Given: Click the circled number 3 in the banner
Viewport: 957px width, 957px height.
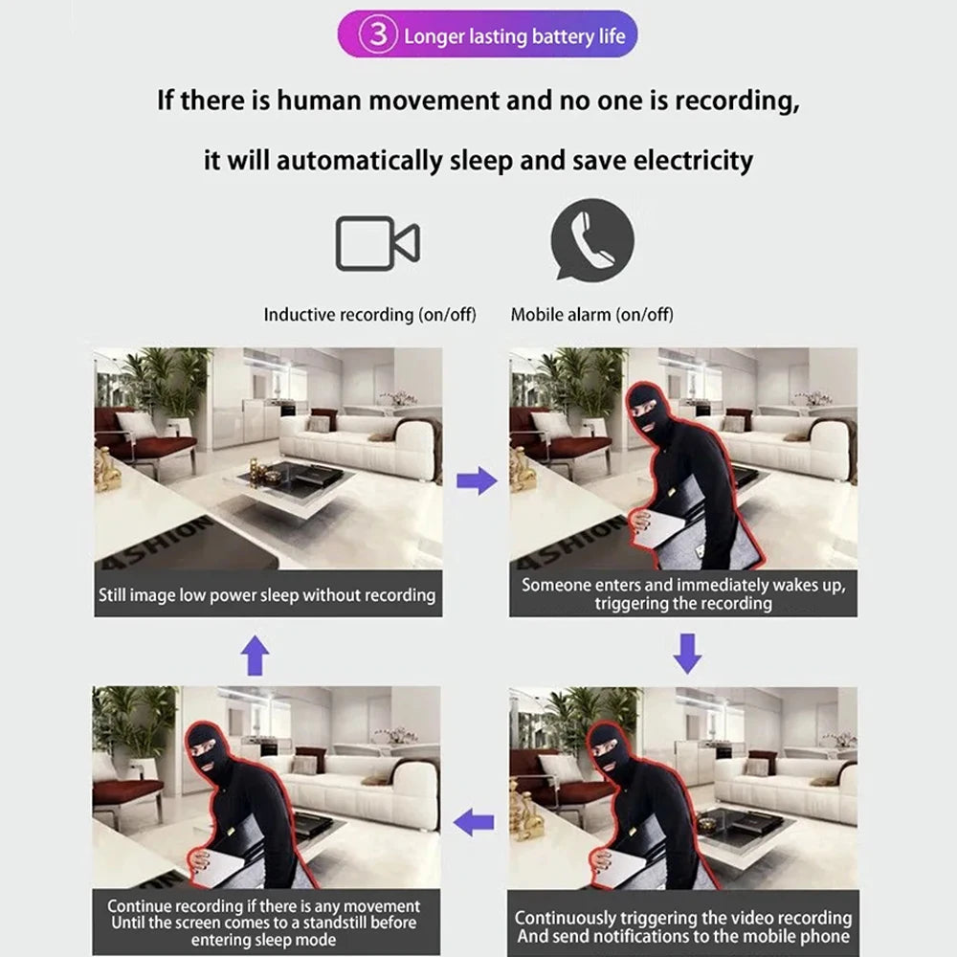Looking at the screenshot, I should tap(378, 36).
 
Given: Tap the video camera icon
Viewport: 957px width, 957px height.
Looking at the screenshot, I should tap(376, 243).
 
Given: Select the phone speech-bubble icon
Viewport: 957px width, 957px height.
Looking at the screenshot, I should tap(592, 238).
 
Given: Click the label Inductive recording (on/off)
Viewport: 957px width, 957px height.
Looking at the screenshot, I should tap(369, 314).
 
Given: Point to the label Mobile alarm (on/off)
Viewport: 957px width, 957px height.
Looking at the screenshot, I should tap(591, 314).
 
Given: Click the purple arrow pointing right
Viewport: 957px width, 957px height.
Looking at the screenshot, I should tap(476, 480).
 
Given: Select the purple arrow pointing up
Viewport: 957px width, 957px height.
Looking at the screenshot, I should tap(254, 657).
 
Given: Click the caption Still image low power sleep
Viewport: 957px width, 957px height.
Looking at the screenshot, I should tap(267, 595).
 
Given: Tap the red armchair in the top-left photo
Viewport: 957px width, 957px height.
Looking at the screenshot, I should tap(144, 440).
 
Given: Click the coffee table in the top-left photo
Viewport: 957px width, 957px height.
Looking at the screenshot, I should tap(287, 478).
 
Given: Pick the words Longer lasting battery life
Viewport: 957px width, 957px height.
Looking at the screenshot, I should tap(514, 36).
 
